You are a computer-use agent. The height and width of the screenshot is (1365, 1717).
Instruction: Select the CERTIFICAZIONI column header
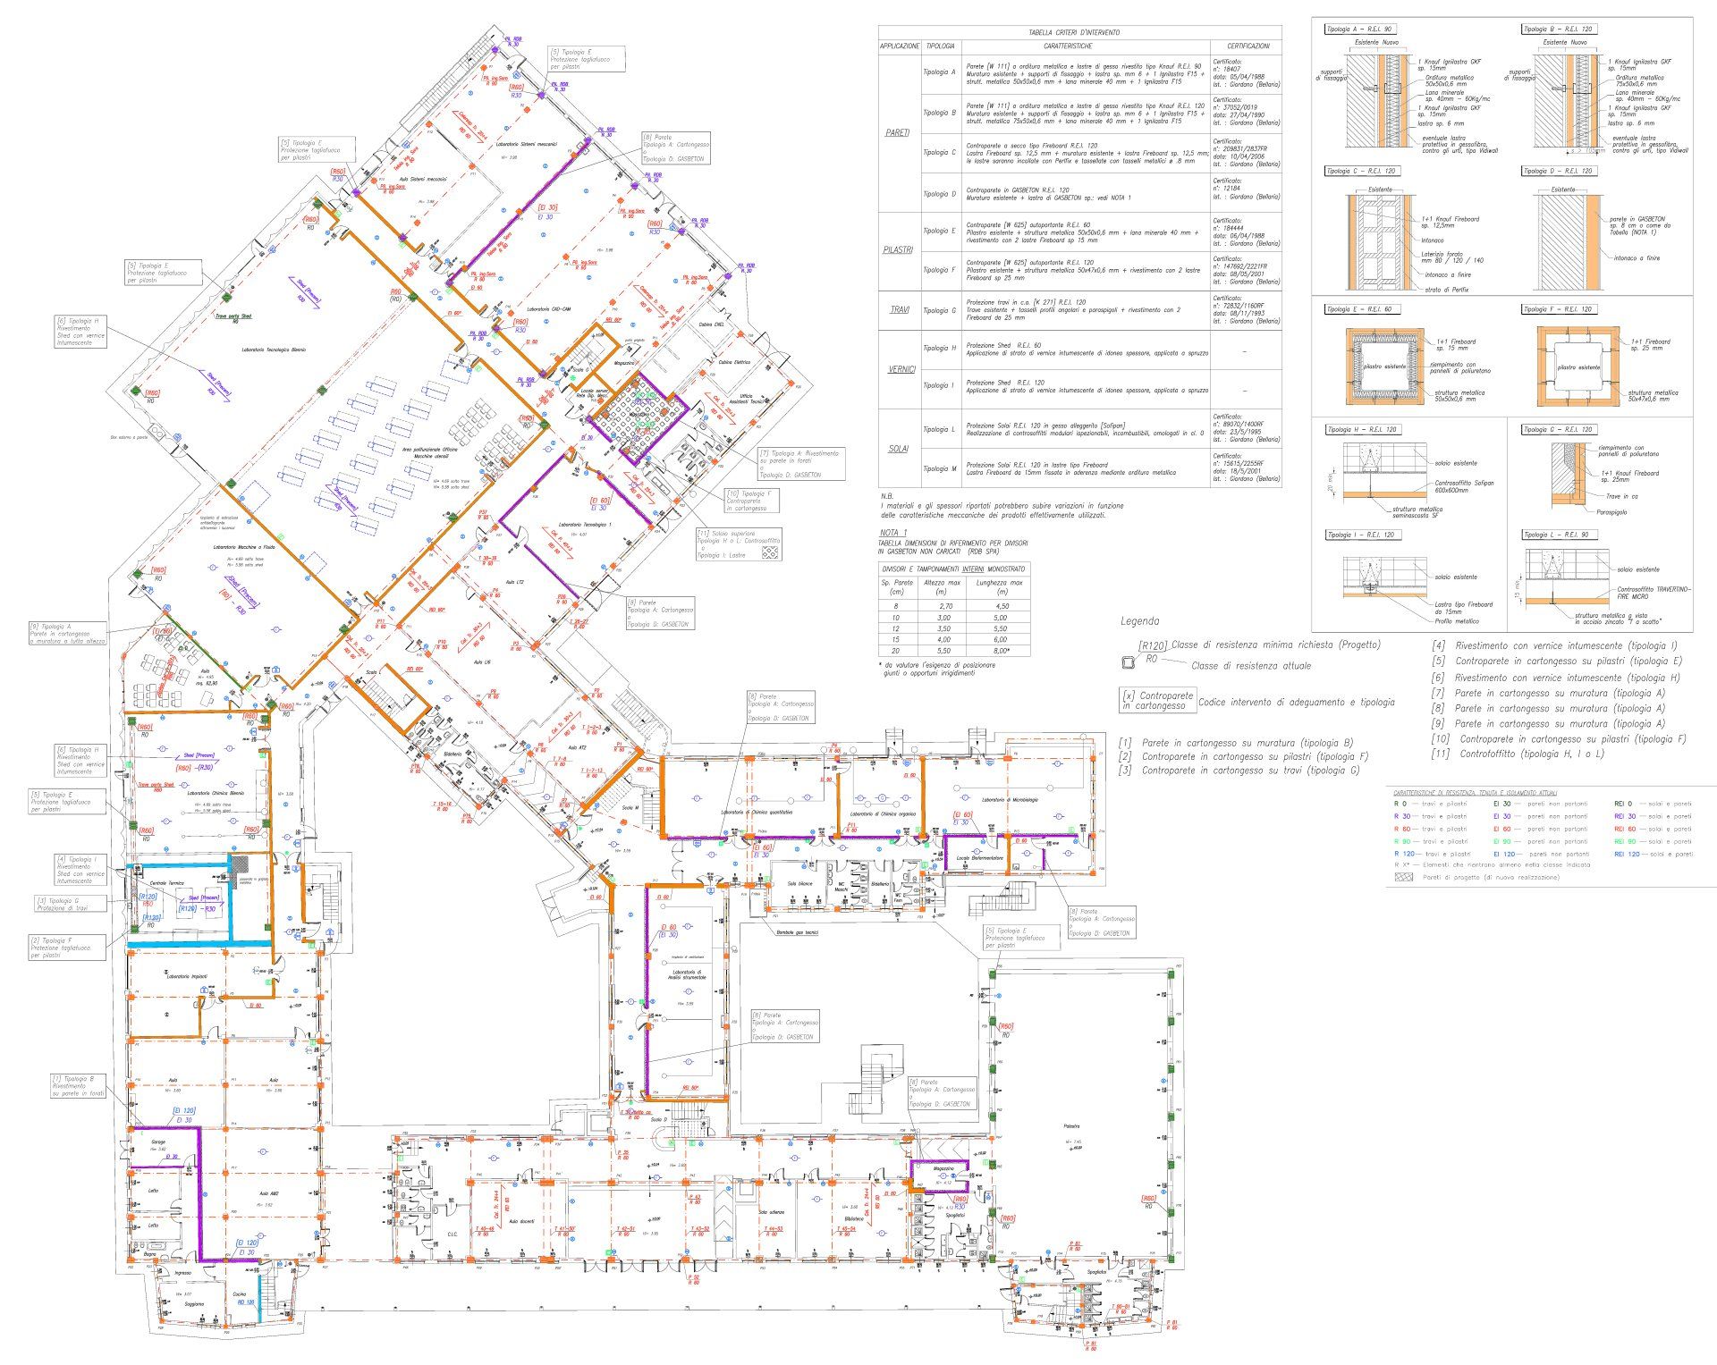(x=1247, y=46)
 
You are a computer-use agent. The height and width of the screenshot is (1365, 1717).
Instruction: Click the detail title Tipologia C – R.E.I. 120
(x=1361, y=171)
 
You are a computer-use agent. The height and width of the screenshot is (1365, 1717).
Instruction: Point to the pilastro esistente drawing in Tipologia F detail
(x=1577, y=367)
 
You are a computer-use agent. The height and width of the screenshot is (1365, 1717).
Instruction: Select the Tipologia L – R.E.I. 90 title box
(x=1556, y=535)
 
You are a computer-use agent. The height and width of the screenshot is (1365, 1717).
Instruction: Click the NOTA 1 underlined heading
(x=893, y=533)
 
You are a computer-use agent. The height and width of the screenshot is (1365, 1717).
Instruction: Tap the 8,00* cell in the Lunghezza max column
(x=1001, y=652)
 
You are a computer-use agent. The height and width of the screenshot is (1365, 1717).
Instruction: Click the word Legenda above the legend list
(x=1139, y=621)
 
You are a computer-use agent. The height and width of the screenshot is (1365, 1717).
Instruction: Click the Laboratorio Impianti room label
(x=187, y=977)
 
